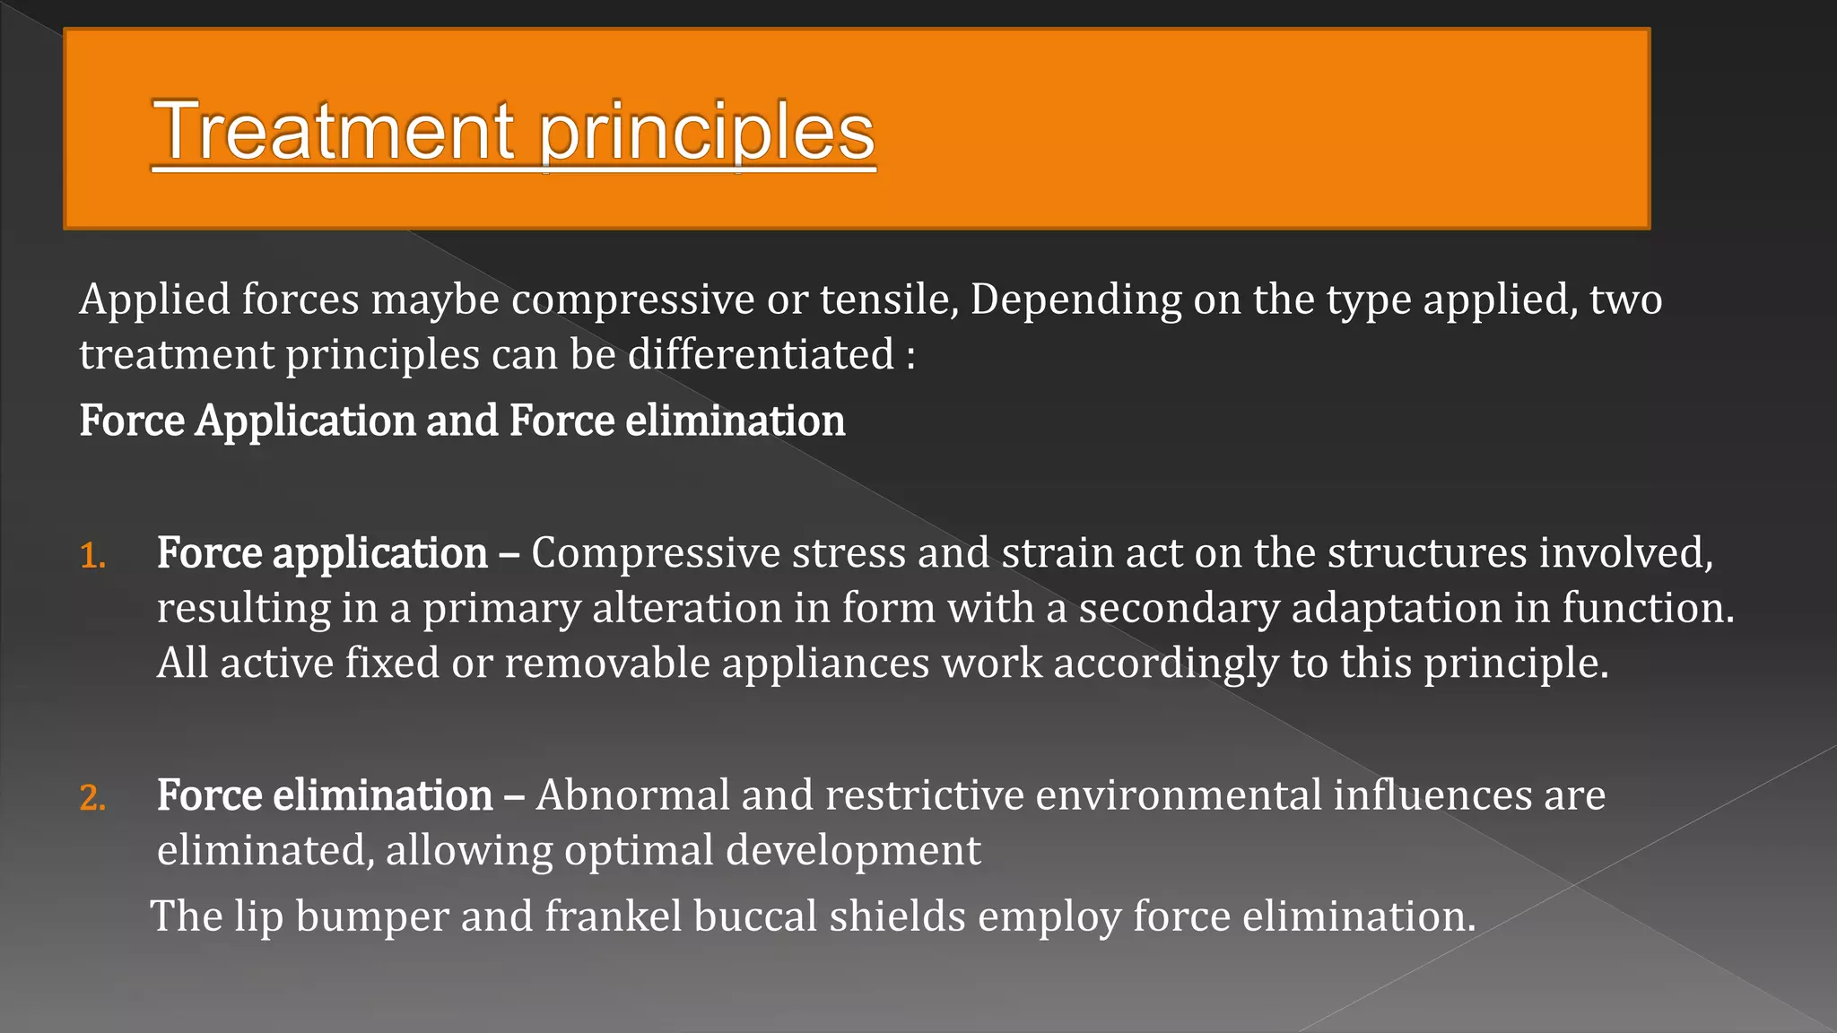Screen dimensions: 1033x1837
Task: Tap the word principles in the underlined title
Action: point(707,133)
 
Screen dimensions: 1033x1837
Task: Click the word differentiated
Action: point(761,354)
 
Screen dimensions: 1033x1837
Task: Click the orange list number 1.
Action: point(92,556)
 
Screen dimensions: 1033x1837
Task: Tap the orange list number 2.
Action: point(93,798)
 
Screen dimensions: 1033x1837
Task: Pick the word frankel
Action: point(614,916)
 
